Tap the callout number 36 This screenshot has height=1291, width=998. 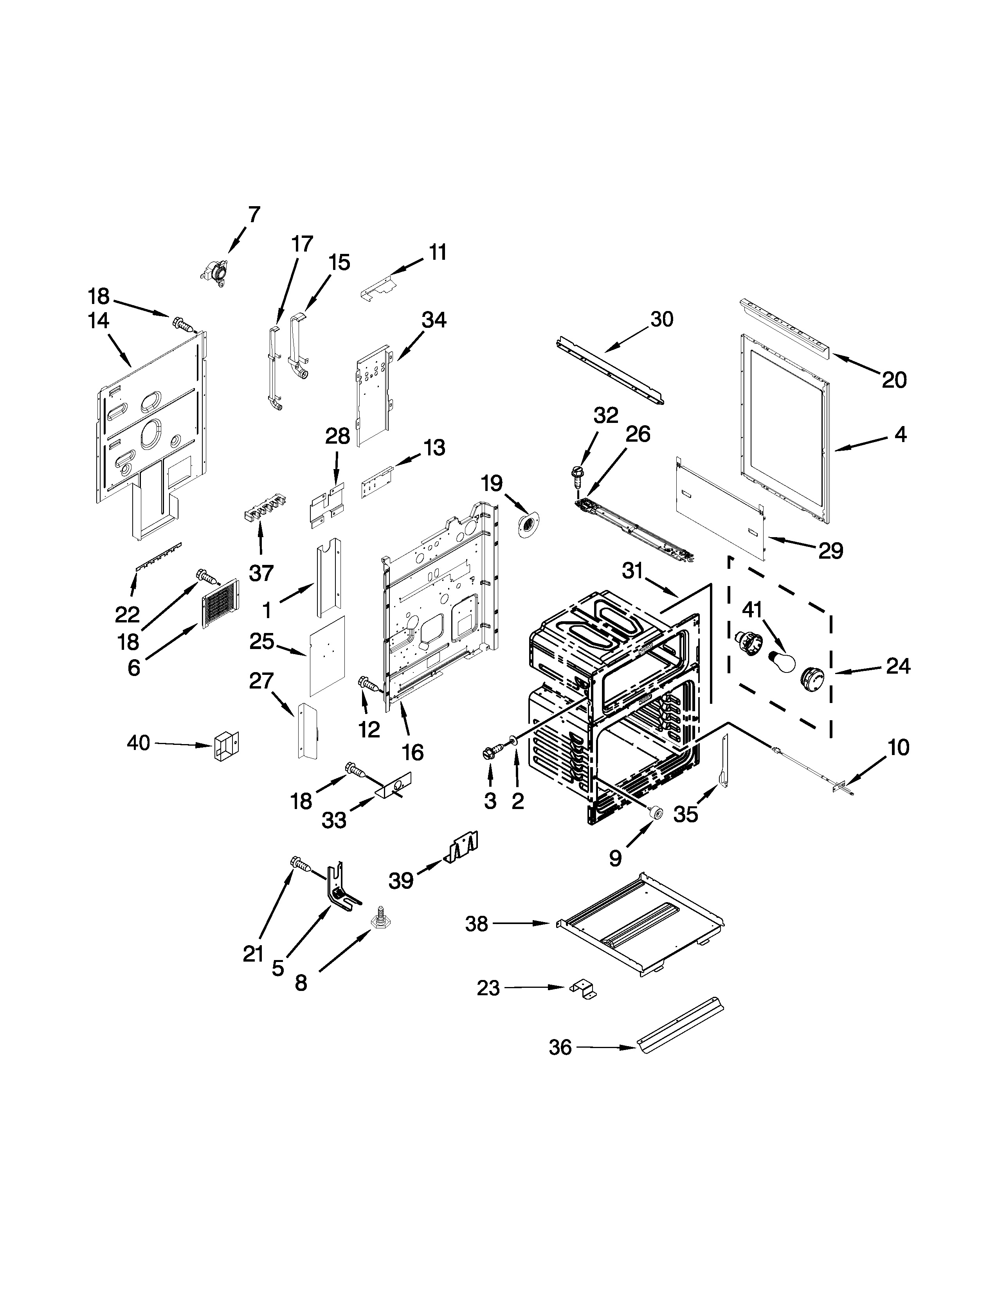click(560, 1048)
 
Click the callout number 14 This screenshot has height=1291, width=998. click(98, 321)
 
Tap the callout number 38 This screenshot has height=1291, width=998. click(477, 924)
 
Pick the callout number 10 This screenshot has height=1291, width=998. click(897, 748)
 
